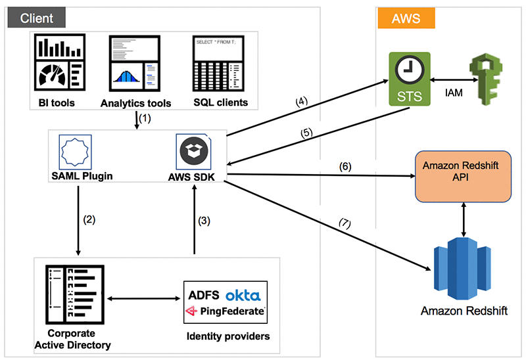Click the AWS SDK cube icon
point(194,151)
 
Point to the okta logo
point(243,295)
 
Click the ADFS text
point(204,295)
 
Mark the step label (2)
point(87,220)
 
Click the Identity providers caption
point(228,337)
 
